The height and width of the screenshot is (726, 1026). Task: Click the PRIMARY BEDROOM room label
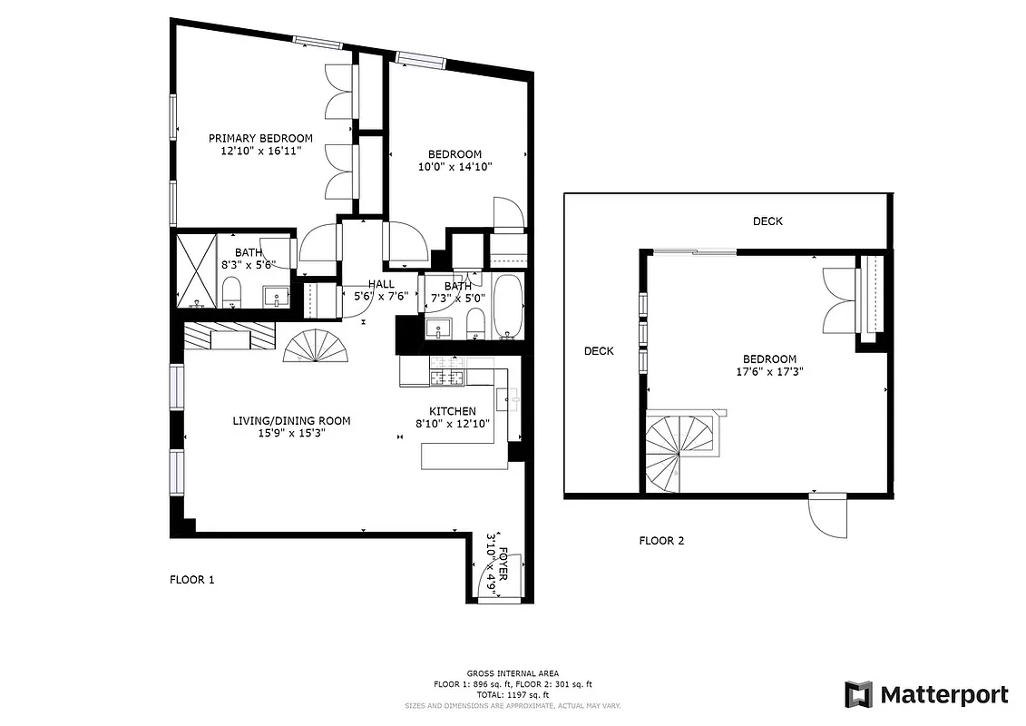[260, 138]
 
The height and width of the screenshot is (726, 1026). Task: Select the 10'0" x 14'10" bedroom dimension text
[454, 167]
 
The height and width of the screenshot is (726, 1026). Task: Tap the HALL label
[381, 284]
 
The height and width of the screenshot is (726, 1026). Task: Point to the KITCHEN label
[452, 411]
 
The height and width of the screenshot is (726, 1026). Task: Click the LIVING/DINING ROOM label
[291, 420]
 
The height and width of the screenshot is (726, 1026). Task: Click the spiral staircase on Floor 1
[313, 346]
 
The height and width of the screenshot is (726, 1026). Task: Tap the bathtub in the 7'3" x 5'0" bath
[507, 306]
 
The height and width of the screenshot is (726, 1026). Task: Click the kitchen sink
[508, 397]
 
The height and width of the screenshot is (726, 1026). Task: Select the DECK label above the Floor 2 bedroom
[767, 221]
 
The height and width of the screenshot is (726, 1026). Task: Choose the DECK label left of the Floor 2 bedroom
[599, 351]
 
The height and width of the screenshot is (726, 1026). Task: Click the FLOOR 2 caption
[661, 541]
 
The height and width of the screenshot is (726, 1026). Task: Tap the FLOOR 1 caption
[192, 579]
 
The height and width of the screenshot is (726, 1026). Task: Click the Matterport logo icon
[858, 694]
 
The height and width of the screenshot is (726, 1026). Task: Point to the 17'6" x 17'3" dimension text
[770, 371]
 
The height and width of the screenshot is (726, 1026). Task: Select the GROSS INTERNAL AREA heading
[513, 672]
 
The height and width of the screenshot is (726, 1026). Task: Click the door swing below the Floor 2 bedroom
[828, 517]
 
